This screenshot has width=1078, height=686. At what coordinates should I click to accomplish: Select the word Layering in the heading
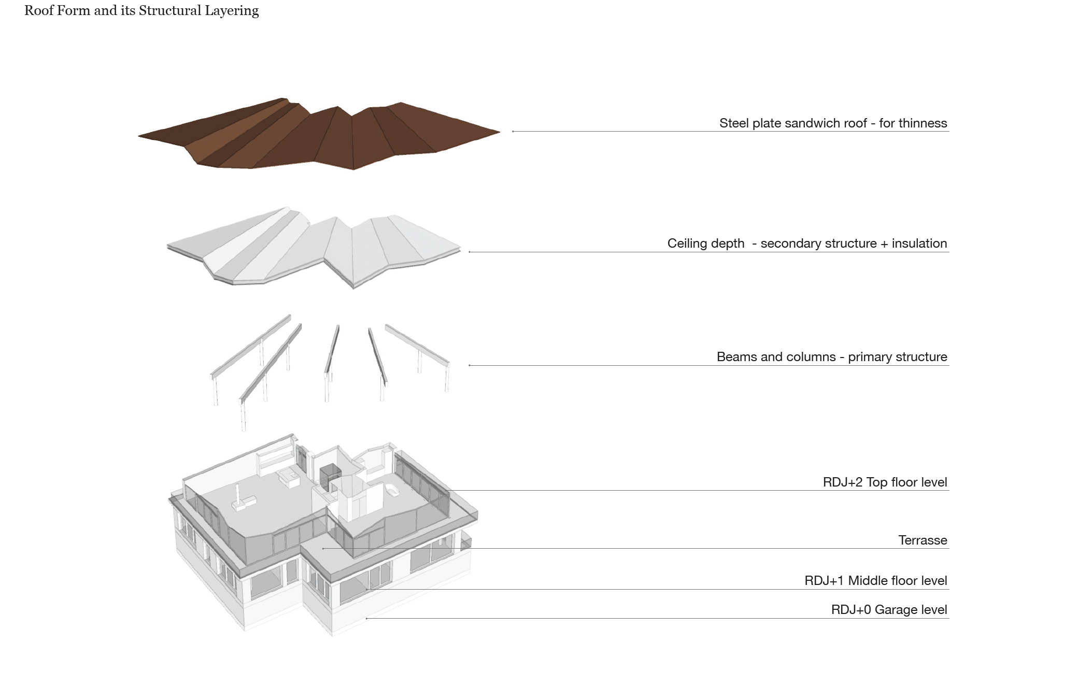(231, 11)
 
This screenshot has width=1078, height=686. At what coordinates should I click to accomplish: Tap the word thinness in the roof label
(921, 123)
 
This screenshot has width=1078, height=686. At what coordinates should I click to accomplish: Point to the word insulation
(919, 244)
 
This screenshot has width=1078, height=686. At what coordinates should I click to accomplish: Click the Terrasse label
(923, 540)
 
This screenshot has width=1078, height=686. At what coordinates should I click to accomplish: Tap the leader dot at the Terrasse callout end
(323, 548)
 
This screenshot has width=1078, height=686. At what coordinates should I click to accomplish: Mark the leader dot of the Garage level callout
(366, 618)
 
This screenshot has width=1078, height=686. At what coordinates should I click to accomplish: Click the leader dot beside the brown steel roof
(513, 132)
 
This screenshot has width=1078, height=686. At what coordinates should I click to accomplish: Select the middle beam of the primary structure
(332, 349)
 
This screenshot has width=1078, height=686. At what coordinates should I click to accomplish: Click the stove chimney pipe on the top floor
(238, 494)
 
